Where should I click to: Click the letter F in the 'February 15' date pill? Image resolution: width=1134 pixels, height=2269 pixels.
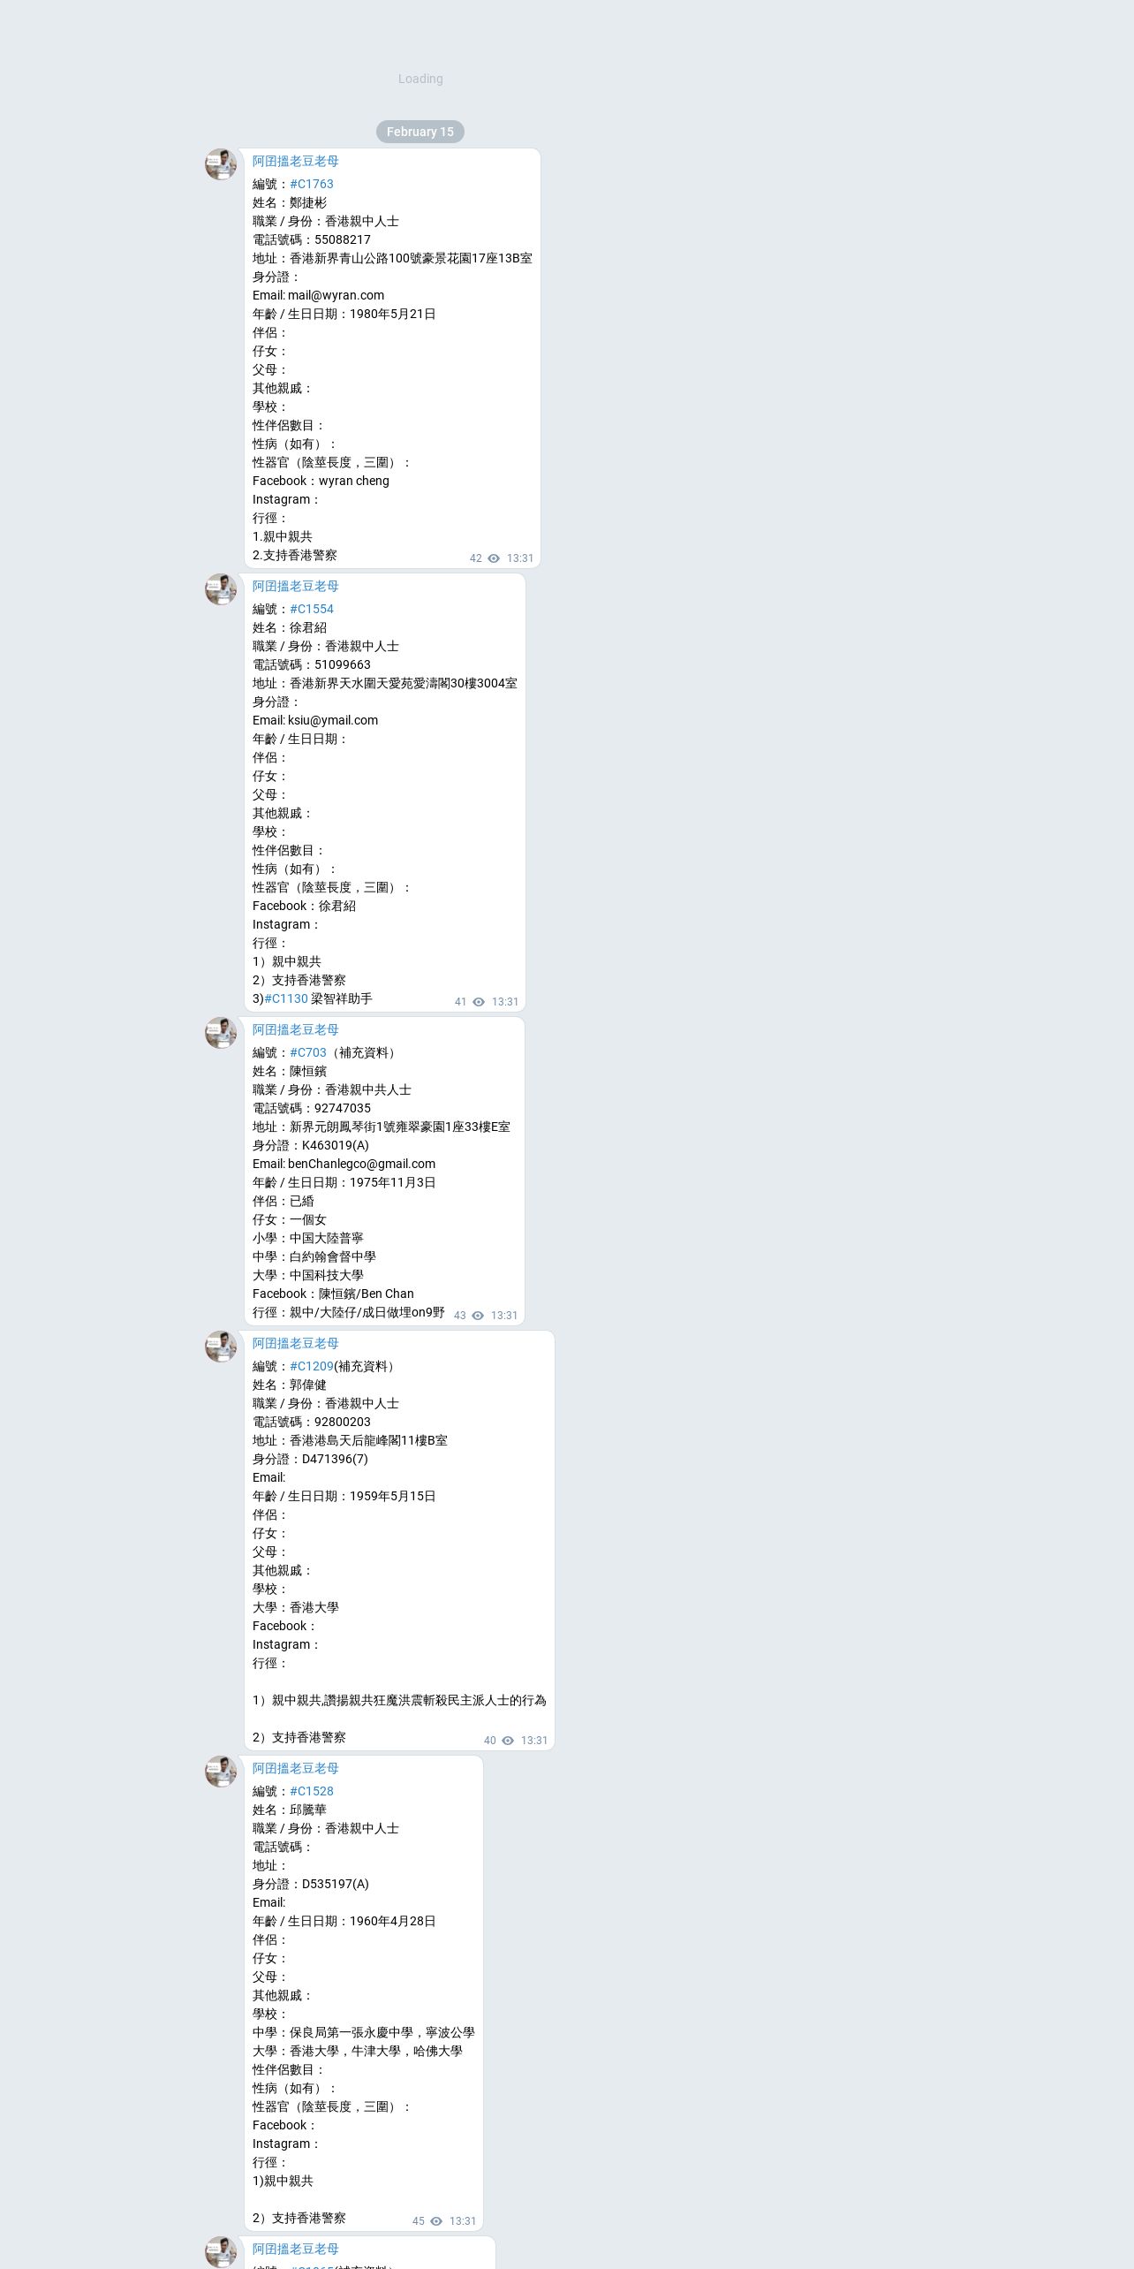point(390,132)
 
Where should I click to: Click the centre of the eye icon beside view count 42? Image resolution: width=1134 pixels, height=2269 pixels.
point(494,558)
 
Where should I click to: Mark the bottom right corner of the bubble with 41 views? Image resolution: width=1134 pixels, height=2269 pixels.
point(525,1012)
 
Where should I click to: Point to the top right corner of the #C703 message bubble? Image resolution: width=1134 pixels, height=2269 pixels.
point(525,1017)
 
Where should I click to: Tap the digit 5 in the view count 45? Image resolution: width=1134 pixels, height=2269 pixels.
point(421,2221)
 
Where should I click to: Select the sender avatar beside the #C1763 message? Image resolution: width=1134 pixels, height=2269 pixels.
point(221,164)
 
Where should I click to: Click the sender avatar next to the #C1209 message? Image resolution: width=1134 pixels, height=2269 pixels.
point(221,1347)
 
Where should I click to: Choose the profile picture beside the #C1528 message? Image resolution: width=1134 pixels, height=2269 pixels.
point(221,1772)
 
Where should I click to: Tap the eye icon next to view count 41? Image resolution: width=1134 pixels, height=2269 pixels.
point(479,1002)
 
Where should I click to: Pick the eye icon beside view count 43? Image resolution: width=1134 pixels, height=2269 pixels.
point(478,1316)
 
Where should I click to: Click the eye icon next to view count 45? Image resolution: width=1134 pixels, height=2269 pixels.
point(436,2221)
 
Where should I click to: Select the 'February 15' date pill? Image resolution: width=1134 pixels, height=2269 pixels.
point(420,132)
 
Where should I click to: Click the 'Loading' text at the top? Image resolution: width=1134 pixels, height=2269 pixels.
point(420,79)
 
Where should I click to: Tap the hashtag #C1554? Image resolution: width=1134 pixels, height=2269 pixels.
point(312,609)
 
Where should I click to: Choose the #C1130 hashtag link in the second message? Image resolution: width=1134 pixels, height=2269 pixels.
point(286,998)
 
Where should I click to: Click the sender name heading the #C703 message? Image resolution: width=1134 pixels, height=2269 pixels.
point(296,1029)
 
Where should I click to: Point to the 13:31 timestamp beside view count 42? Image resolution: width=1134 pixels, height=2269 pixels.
point(520,558)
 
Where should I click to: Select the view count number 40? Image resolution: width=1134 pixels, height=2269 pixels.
point(490,1741)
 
